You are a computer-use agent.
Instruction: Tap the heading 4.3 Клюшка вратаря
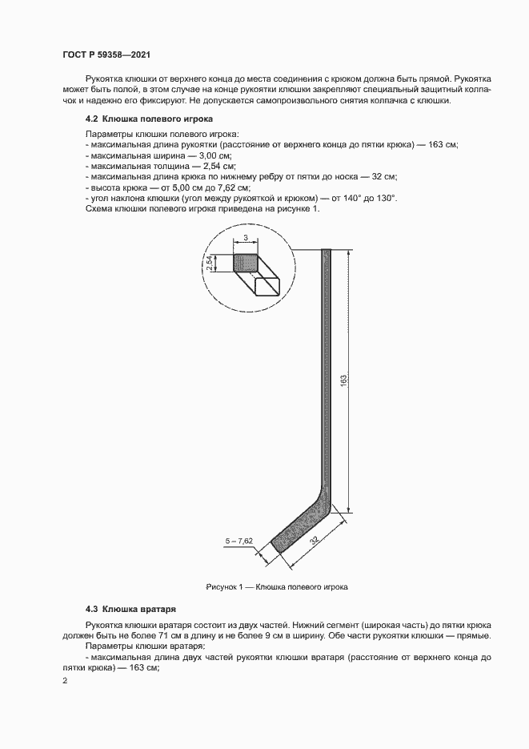tap(131, 609)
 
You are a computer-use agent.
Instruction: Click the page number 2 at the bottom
tap(65, 681)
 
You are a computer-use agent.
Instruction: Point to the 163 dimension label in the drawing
tap(343, 380)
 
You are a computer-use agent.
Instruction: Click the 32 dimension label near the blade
tap(313, 542)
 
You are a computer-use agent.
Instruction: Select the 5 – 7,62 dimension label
tap(238, 542)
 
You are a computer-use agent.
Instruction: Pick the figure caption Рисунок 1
tap(276, 586)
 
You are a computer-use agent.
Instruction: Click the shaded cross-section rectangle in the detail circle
tap(245, 263)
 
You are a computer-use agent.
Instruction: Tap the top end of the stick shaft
tap(326, 252)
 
